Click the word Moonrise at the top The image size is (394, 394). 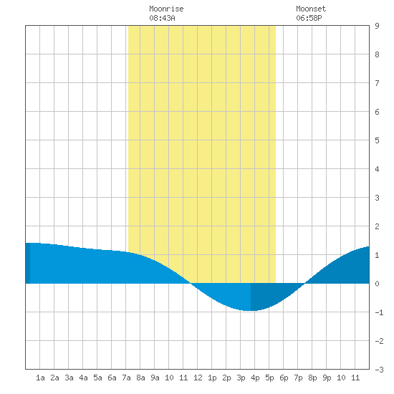click(166, 9)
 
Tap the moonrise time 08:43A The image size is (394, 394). click(162, 18)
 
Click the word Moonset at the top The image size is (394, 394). click(311, 9)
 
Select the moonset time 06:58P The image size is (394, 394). click(309, 18)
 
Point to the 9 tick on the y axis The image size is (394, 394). click(377, 26)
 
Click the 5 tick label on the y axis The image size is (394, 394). click(377, 140)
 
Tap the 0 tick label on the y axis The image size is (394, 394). click(377, 284)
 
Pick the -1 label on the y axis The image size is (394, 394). click(379, 312)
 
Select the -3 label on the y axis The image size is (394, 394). click(379, 370)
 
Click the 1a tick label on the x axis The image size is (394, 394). click(40, 378)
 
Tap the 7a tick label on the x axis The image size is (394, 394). click(126, 378)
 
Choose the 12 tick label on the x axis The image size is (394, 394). click(198, 378)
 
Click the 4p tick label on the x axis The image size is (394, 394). click(255, 378)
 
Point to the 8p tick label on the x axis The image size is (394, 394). click(312, 378)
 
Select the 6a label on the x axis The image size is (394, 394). click(112, 378)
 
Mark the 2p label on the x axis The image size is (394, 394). click(226, 378)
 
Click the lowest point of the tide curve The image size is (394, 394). click(249, 311)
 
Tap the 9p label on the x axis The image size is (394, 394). click(327, 378)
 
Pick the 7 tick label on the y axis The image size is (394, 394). click(377, 83)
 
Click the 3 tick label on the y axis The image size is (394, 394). click(377, 198)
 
